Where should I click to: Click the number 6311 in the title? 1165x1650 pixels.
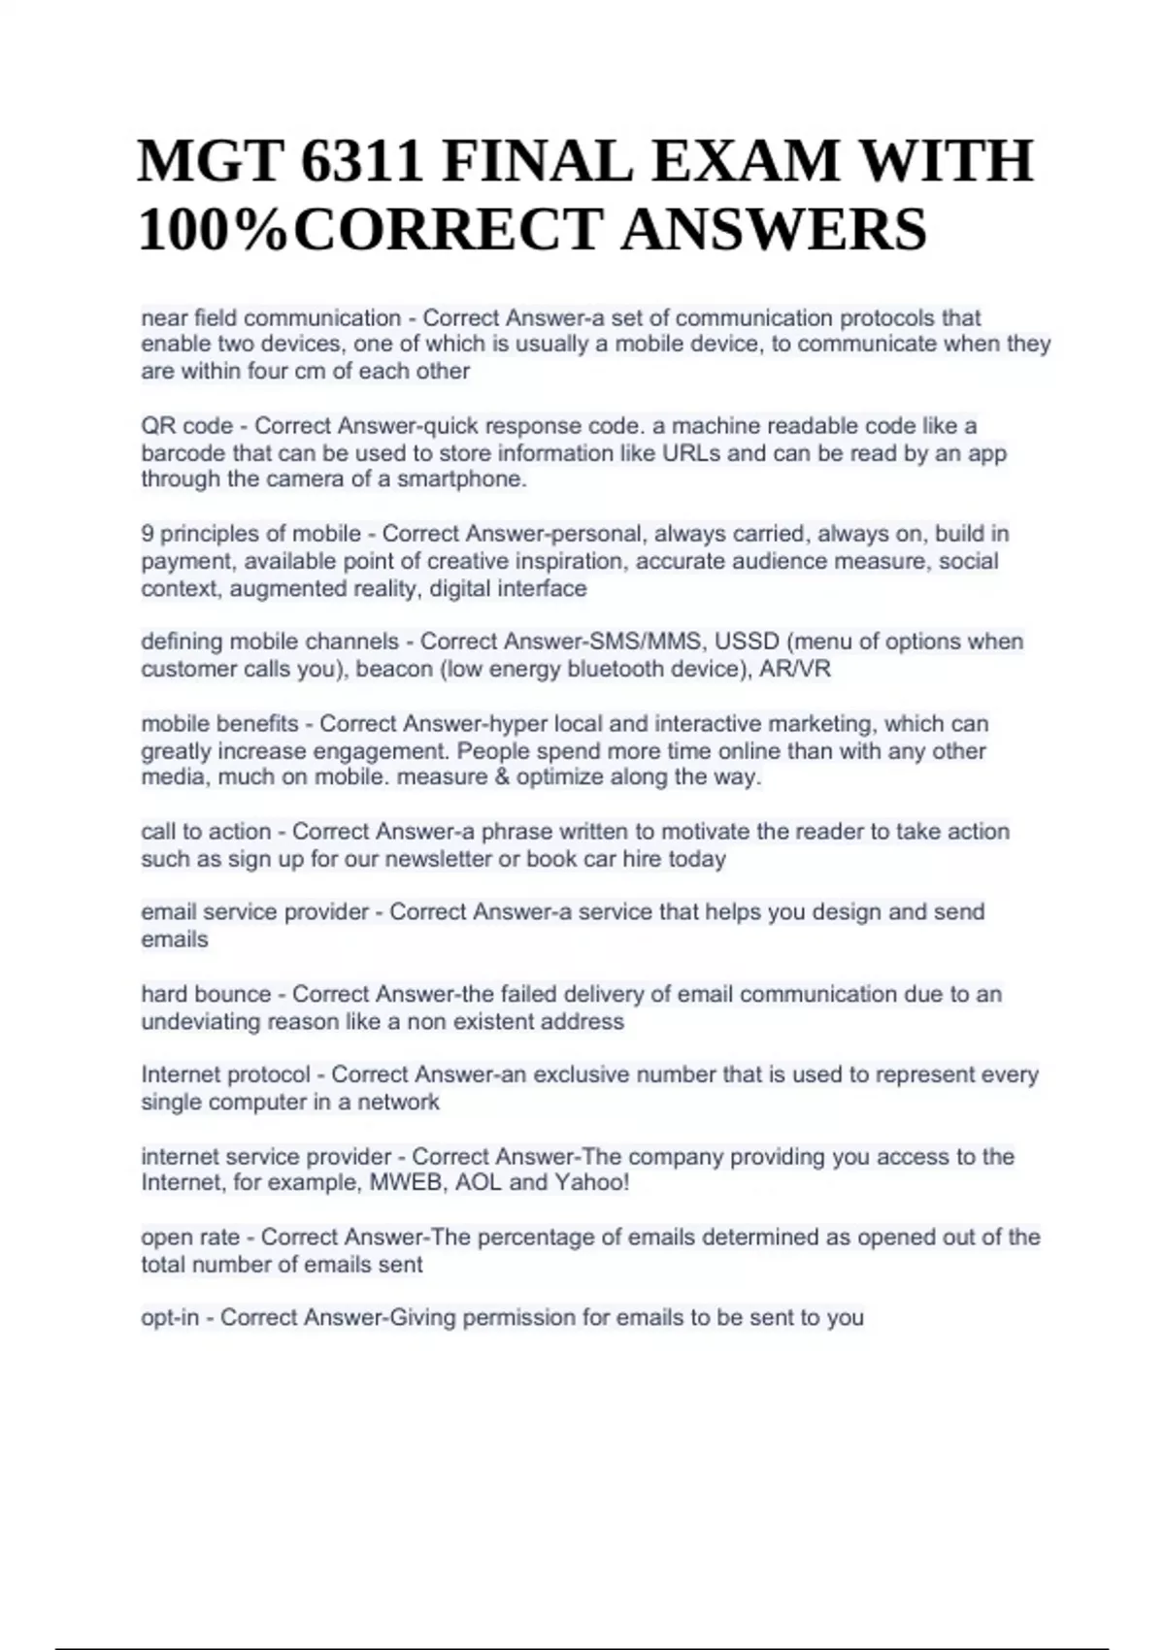coord(362,161)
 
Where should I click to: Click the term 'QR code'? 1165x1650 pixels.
coord(187,426)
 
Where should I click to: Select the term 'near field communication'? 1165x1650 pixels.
coord(271,318)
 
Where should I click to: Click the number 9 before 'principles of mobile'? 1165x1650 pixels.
coord(148,534)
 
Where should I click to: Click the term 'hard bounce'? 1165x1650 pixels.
coord(206,994)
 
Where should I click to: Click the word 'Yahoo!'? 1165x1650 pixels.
coord(592,1182)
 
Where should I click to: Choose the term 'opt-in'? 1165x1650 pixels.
coord(170,1318)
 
